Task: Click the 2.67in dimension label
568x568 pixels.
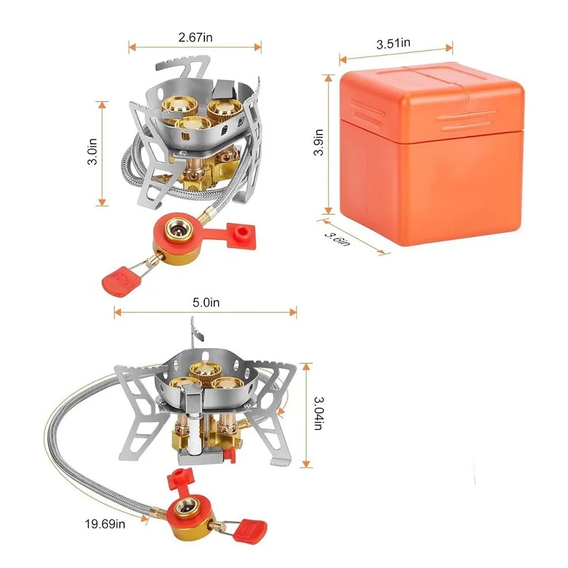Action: coord(195,37)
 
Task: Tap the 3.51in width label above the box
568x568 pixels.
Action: coord(393,43)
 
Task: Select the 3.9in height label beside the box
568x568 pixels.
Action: coord(318,142)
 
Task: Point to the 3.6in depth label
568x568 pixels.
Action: coord(337,239)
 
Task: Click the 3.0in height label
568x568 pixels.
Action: coord(92,151)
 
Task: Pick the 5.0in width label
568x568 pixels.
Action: coord(206,303)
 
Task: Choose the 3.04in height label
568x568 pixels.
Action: coord(318,413)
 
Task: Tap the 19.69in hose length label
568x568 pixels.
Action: coord(105,524)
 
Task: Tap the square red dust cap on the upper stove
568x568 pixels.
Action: coord(241,235)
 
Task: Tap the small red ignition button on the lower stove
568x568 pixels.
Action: coord(228,453)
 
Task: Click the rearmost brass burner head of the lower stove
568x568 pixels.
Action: coord(205,369)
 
